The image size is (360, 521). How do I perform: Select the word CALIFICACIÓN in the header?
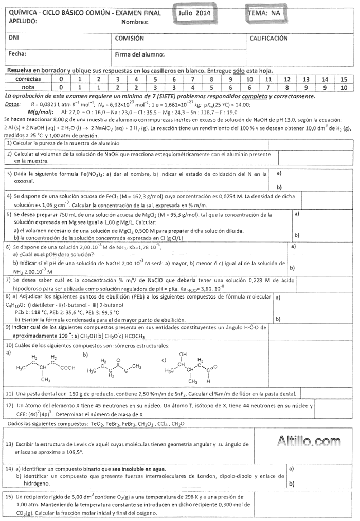[268, 38]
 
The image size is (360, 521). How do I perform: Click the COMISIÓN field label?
[129, 38]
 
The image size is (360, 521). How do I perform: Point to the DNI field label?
[14, 38]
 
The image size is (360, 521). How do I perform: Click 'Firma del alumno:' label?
[139, 54]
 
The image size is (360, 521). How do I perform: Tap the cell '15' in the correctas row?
[344, 79]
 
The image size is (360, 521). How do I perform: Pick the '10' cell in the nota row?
[344, 87]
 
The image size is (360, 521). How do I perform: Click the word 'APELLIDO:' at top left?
[24, 21]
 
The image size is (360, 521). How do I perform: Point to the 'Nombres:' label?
[135, 22]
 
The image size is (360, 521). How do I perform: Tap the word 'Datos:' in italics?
[12, 104]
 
